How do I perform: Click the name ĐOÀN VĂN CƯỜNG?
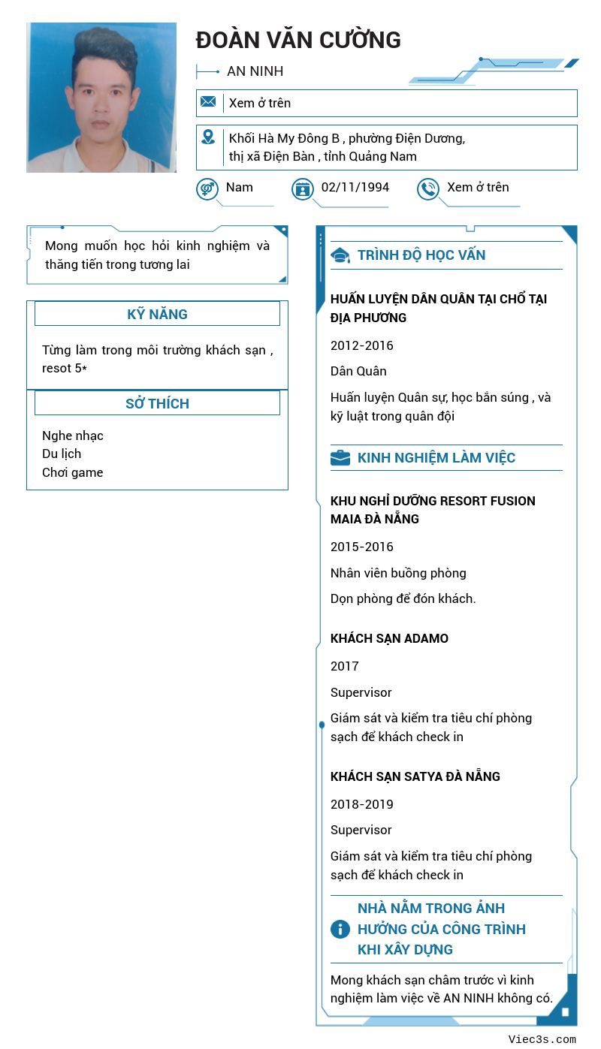pos(298,40)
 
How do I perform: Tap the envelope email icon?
pos(208,102)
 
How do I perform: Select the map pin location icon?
pos(208,137)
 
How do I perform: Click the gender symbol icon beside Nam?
pos(207,188)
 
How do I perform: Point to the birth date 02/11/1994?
pos(355,187)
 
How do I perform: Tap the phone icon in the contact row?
pos(428,188)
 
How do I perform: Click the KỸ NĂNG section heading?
pos(157,314)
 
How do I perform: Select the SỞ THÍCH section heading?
pos(157,403)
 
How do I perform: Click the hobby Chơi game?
pos(73,472)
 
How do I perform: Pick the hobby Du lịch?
pos(62,454)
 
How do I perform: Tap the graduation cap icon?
pos(340,255)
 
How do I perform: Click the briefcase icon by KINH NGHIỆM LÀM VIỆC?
pos(340,458)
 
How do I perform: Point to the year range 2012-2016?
pos(362,345)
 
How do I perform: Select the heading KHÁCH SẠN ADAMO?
pos(389,638)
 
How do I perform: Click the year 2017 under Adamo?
pos(345,666)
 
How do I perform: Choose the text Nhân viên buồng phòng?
pos(398,573)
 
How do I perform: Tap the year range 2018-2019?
pos(362,804)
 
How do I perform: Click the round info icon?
pos(340,929)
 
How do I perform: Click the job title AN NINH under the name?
pos(255,71)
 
